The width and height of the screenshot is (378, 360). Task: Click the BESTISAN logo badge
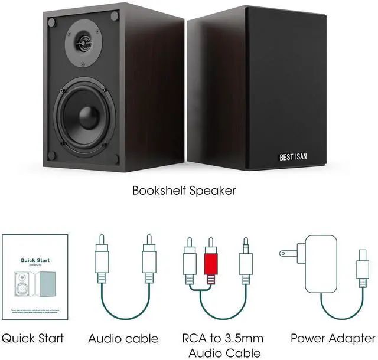point(297,157)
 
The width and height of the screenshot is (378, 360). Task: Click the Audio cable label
point(123,339)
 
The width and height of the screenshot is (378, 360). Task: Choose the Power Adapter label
point(333,339)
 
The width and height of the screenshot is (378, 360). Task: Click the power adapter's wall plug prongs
point(286,253)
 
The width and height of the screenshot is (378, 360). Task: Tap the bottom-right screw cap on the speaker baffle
point(116,159)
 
